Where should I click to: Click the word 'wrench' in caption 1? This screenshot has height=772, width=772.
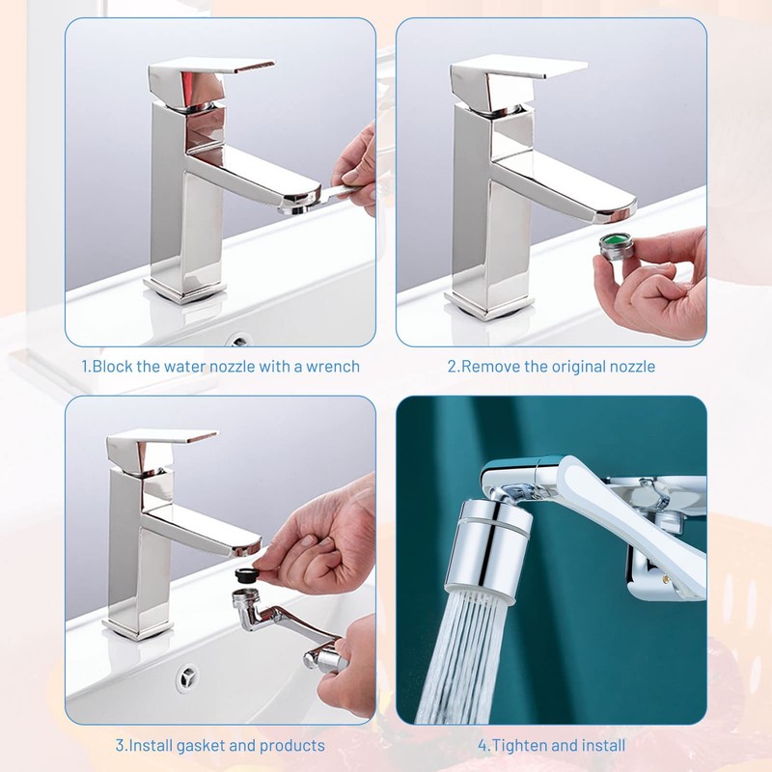tap(333, 367)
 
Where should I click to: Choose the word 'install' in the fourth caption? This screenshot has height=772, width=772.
tap(605, 745)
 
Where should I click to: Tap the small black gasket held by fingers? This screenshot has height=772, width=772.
tap(245, 574)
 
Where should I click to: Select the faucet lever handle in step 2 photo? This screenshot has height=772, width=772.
tap(516, 79)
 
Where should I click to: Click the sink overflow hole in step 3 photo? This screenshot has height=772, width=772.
tap(187, 678)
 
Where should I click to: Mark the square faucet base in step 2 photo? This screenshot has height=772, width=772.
tap(488, 305)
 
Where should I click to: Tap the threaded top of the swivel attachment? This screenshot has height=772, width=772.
tap(246, 599)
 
